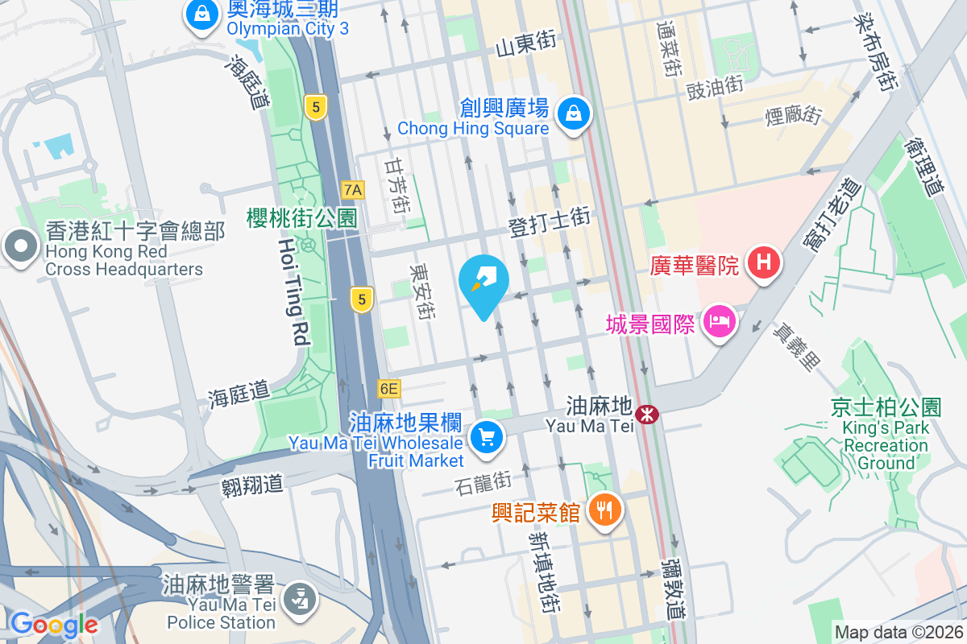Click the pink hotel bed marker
click(x=718, y=323)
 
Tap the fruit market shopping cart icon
click(x=486, y=438)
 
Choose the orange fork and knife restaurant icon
click(x=602, y=510)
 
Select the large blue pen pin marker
click(x=483, y=284)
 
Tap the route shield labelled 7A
click(x=353, y=190)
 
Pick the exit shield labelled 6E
click(x=388, y=389)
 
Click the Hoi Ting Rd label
click(x=293, y=293)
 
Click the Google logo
click(x=54, y=624)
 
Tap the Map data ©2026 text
click(x=898, y=633)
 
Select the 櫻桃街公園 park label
click(x=302, y=217)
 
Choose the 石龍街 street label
click(x=483, y=483)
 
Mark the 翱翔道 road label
click(x=252, y=484)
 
